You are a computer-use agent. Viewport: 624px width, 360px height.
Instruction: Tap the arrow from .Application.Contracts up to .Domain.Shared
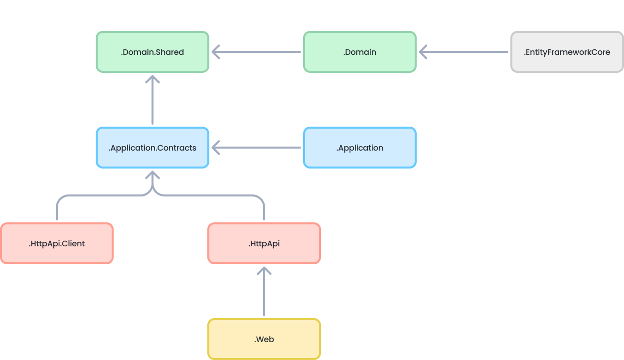tap(153, 102)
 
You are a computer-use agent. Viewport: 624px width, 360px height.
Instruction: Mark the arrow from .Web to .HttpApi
tap(264, 294)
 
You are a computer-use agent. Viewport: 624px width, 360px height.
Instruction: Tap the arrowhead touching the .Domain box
tap(424, 52)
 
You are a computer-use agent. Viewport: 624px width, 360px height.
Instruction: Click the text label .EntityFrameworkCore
tap(567, 52)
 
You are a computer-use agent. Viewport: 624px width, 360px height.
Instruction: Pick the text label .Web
tap(264, 339)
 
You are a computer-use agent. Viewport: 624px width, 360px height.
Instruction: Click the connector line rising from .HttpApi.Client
tap(57, 209)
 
